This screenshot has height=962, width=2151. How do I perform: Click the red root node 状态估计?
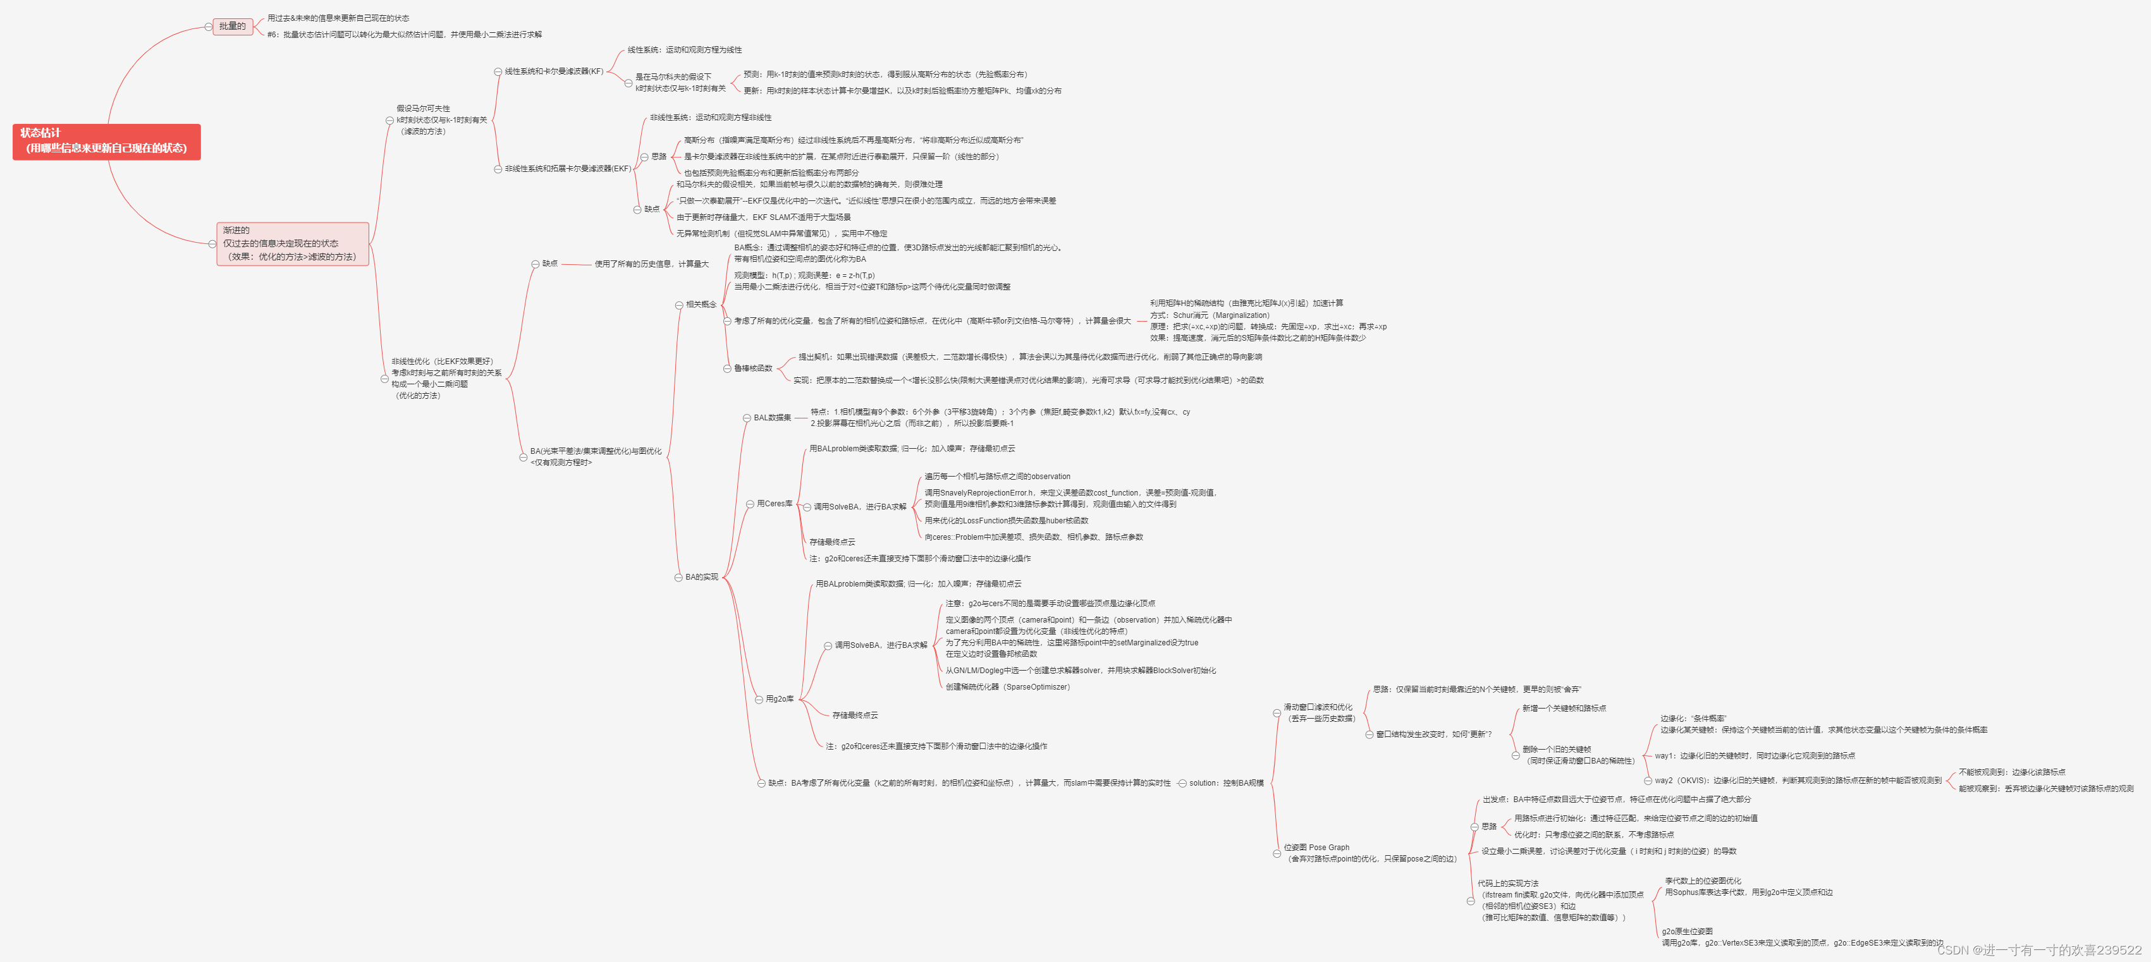click(106, 141)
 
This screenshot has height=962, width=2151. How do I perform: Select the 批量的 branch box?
click(232, 27)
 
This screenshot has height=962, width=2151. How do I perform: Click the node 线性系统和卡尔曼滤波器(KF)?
click(554, 72)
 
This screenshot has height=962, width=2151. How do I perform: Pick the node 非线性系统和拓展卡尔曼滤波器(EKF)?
click(568, 169)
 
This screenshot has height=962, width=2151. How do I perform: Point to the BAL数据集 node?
click(773, 418)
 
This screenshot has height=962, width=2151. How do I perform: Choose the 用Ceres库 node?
click(774, 504)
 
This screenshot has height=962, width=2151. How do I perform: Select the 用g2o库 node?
click(780, 699)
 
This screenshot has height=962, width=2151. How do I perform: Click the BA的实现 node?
click(701, 577)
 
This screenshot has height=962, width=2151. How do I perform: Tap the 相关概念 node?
click(701, 305)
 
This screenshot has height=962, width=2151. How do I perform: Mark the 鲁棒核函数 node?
click(753, 368)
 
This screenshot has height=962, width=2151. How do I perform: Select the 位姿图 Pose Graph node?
click(1370, 853)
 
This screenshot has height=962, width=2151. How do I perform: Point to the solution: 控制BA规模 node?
click(1226, 783)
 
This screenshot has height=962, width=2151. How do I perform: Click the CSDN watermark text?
click(2039, 951)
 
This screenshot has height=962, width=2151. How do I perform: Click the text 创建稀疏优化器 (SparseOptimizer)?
click(1007, 687)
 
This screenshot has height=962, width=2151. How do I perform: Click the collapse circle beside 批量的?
click(209, 27)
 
